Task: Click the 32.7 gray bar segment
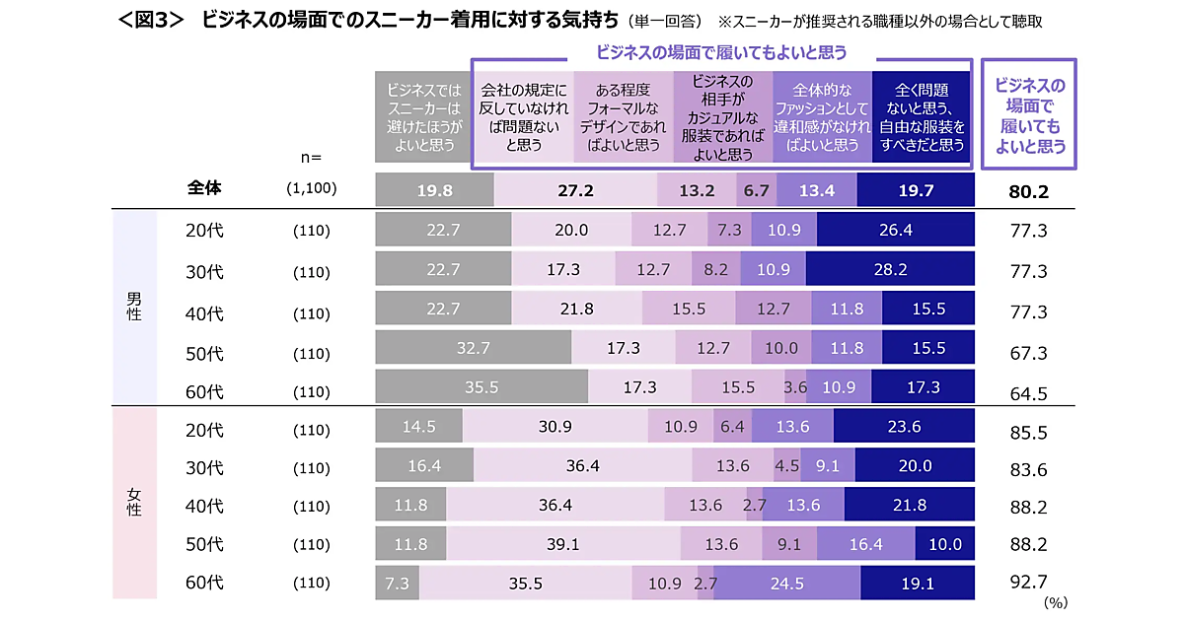pyautogui.click(x=474, y=348)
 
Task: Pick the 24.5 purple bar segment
pyautogui.click(x=787, y=583)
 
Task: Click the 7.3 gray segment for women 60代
pyautogui.click(x=398, y=583)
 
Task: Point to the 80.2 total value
pyautogui.click(x=1028, y=191)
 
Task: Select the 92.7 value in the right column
pyautogui.click(x=1028, y=583)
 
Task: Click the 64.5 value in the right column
pyautogui.click(x=1028, y=393)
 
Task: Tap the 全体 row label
pyautogui.click(x=204, y=189)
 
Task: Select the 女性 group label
pyautogui.click(x=134, y=502)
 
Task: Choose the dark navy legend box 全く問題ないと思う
pyautogui.click(x=922, y=117)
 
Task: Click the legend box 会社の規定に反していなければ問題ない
pyautogui.click(x=524, y=117)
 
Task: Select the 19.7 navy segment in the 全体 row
pyautogui.click(x=916, y=190)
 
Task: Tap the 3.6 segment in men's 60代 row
pyautogui.click(x=795, y=387)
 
